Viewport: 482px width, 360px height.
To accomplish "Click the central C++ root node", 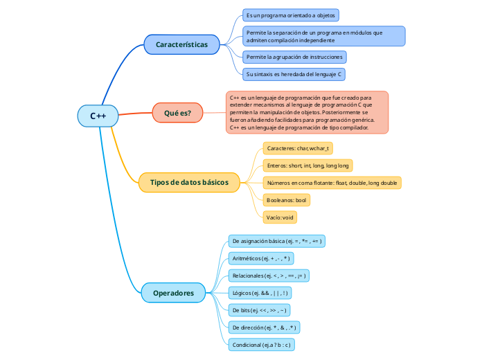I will [98, 116].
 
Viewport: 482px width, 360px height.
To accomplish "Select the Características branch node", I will [181, 44].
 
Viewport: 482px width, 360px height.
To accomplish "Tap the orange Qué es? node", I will [177, 113].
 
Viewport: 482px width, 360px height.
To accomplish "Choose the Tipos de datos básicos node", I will [189, 182].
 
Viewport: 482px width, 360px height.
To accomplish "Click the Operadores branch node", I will [173, 293].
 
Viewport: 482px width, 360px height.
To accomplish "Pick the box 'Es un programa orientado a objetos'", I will [290, 15].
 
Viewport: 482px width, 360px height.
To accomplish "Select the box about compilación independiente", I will [323, 36].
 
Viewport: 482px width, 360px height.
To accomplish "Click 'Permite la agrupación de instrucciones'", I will [294, 57].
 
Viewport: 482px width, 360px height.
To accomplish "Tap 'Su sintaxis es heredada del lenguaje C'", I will [294, 73].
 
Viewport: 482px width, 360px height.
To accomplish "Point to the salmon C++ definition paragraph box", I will [307, 113].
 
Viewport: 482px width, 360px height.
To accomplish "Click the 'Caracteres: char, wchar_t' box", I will [298, 148].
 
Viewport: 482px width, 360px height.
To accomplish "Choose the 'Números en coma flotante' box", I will [332, 183].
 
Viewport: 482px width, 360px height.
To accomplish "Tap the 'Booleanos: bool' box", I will [286, 200].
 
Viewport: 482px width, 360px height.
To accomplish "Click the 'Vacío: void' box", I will [280, 217].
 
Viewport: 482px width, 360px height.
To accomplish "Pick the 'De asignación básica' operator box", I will [277, 241].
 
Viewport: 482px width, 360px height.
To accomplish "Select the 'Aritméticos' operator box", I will [260, 258].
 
